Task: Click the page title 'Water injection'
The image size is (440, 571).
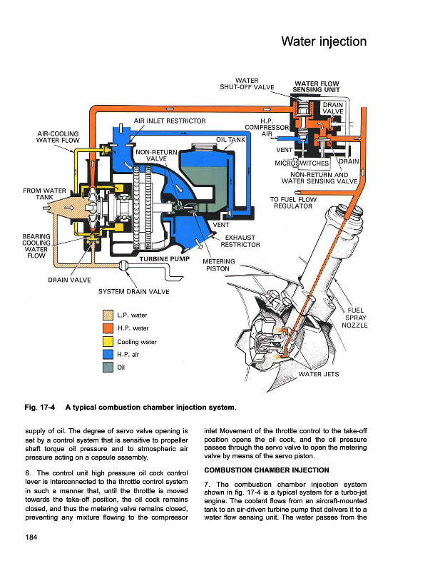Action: point(324,41)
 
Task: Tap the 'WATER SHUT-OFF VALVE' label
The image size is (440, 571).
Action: point(247,83)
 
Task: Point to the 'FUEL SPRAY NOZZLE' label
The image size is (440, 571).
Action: point(354,318)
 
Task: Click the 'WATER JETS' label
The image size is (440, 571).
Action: point(318,373)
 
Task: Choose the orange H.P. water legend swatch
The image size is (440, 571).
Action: point(108,328)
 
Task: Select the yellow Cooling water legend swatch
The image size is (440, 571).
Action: point(108,341)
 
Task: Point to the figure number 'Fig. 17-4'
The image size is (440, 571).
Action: point(38,408)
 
